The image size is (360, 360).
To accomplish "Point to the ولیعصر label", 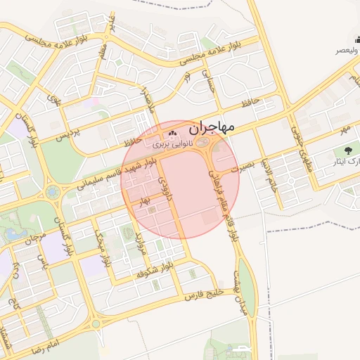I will click(347, 51).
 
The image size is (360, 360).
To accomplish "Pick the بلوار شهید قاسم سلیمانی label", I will click(112, 176).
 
